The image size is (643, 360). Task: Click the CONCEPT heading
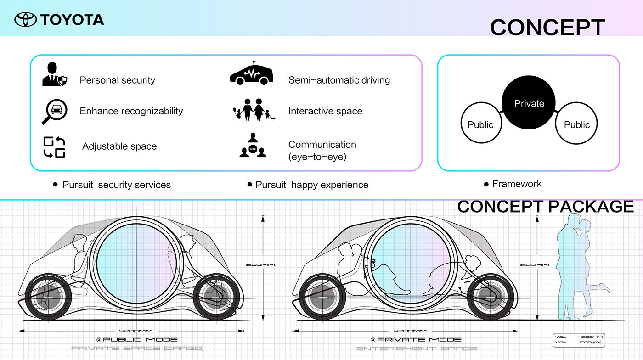tap(547, 28)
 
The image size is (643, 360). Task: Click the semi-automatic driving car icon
tap(249, 73)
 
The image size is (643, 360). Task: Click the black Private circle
tap(529, 104)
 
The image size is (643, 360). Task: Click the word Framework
tap(517, 184)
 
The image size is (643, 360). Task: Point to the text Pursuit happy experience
tap(312, 185)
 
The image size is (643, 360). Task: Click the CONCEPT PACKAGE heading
tap(546, 207)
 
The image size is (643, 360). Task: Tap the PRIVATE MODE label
tap(419, 339)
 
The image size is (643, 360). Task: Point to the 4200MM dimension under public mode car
tap(135, 330)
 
